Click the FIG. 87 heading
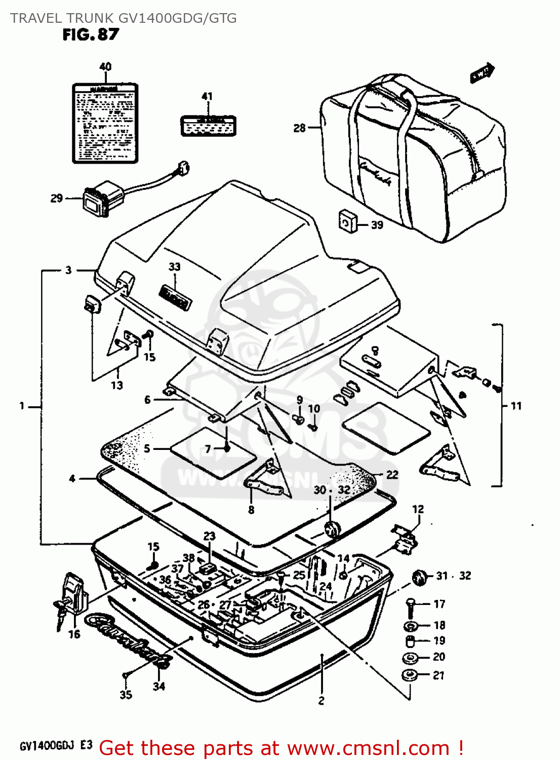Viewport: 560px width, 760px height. tap(91, 34)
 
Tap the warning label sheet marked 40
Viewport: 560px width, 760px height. tap(105, 123)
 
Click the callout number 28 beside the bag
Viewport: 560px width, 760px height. tap(299, 128)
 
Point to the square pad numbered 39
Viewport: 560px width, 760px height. tap(347, 221)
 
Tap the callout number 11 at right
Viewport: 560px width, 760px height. tap(515, 406)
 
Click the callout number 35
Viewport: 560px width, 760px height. tap(126, 695)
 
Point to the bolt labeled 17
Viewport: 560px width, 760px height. tap(410, 604)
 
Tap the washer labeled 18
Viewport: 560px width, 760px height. tap(411, 625)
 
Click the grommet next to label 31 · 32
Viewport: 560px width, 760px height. tap(419, 577)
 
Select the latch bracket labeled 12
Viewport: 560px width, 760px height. tap(405, 539)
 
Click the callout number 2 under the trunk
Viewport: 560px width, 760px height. tap(321, 701)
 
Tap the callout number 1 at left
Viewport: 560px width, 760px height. tap(22, 406)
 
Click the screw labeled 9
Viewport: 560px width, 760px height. tap(298, 419)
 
